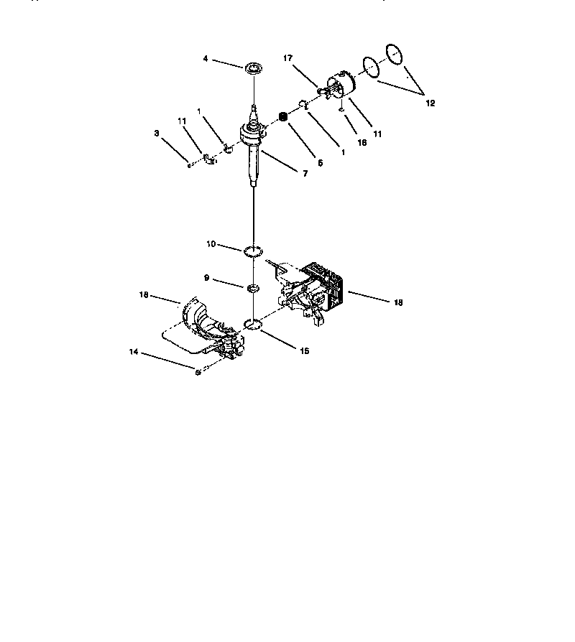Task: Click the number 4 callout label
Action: click(205, 59)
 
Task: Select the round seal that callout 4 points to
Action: click(252, 69)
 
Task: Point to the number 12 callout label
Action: click(430, 103)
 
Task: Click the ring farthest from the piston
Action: click(394, 53)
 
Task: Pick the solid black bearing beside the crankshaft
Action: click(283, 117)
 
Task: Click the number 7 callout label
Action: click(305, 173)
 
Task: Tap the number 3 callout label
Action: click(156, 133)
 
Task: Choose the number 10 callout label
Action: click(211, 244)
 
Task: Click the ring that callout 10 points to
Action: click(251, 251)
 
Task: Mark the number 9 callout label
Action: click(207, 276)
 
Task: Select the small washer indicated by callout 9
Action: click(252, 288)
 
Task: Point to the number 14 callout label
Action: click(133, 353)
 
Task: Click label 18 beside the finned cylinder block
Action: click(398, 302)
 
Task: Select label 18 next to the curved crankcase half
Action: click(144, 294)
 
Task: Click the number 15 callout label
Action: click(305, 351)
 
